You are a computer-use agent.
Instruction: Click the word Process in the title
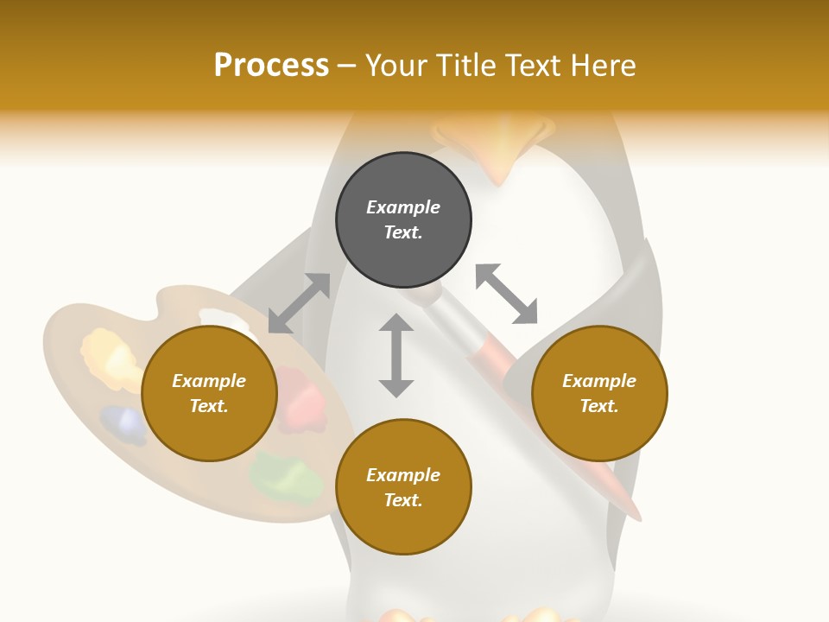pyautogui.click(x=271, y=66)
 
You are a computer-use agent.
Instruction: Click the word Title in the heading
pyautogui.click(x=465, y=66)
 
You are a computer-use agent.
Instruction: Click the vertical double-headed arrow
pyautogui.click(x=396, y=355)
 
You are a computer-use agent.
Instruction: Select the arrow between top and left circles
pyautogui.click(x=299, y=303)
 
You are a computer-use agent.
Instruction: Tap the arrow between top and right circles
pyautogui.click(x=507, y=294)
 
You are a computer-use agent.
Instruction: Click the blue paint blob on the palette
pyautogui.click(x=123, y=424)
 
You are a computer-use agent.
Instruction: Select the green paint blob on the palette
pyautogui.click(x=286, y=478)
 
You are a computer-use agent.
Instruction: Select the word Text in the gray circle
pyautogui.click(x=403, y=232)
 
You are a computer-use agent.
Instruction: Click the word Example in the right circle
pyautogui.click(x=599, y=381)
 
